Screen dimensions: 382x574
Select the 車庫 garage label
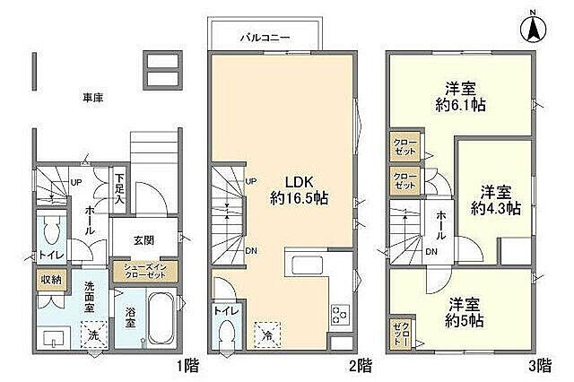pyautogui.click(x=93, y=97)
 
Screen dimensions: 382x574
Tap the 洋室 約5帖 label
pyautogui.click(x=463, y=311)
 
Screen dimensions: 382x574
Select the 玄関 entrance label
pyautogui.click(x=143, y=239)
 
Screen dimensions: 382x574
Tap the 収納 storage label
pyautogui.click(x=49, y=280)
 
